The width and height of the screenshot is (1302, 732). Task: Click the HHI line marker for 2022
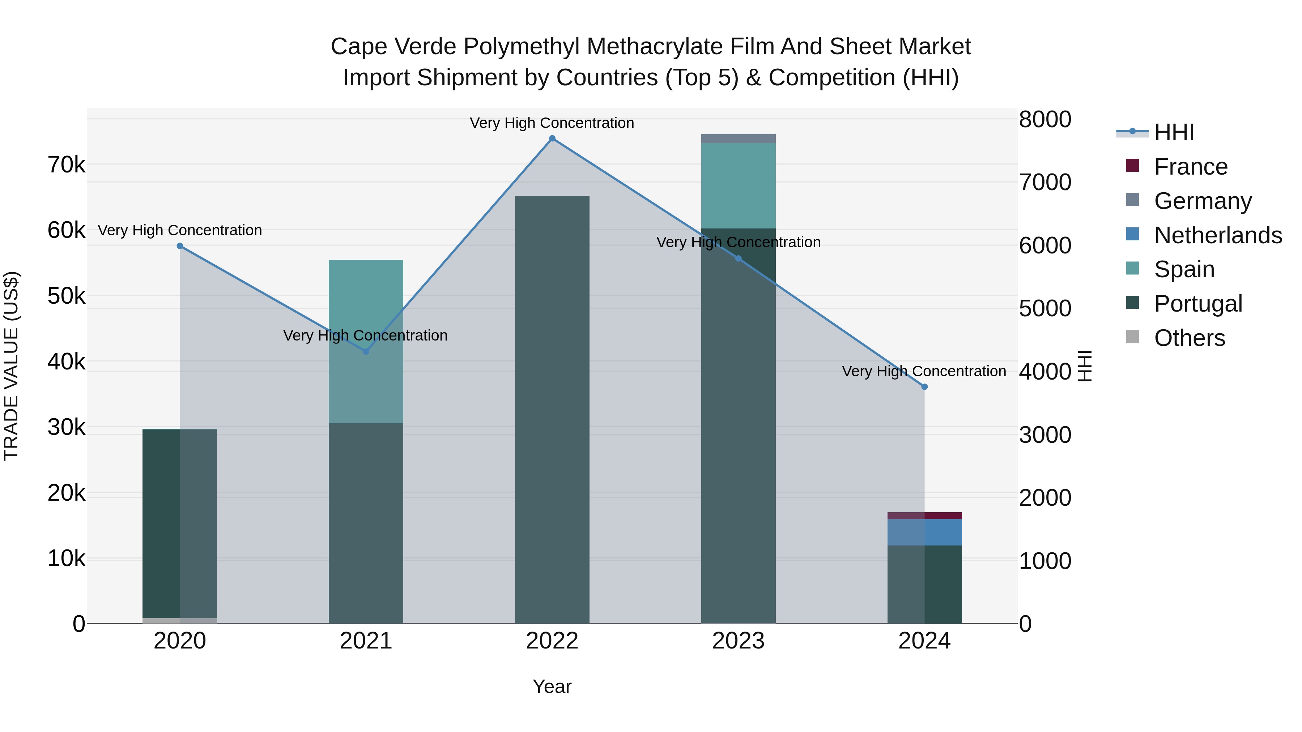(x=552, y=138)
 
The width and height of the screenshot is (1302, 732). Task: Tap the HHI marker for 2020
(x=180, y=246)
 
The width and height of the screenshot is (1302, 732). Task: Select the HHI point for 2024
(x=924, y=387)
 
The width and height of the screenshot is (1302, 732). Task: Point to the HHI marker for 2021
(x=366, y=352)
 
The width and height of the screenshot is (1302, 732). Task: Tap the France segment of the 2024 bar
(x=924, y=516)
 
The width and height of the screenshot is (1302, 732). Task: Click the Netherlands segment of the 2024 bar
(x=924, y=532)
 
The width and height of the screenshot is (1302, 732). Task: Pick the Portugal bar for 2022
(x=552, y=409)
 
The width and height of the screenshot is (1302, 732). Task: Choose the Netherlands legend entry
(x=1218, y=235)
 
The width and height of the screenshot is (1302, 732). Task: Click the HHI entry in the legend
(x=1174, y=132)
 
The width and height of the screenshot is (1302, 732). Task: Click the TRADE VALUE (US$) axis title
(x=12, y=366)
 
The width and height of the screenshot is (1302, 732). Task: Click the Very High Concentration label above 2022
(x=552, y=123)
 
